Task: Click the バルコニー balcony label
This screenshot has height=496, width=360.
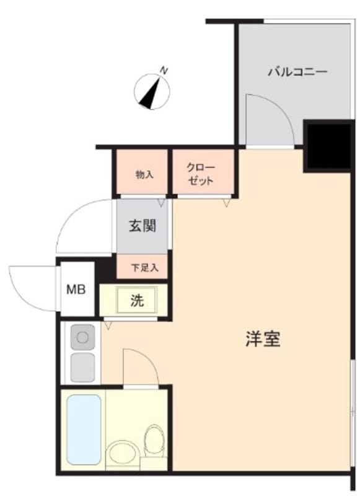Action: pos(297,72)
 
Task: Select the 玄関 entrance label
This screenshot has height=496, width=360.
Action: pos(143,226)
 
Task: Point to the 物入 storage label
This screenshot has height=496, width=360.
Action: pos(145,174)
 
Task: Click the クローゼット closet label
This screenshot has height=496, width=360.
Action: pos(201,174)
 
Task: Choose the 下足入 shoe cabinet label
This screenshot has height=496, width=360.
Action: pos(145,268)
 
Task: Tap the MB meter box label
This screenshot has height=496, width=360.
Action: pos(76,289)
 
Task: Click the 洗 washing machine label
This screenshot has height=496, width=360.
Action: pos(137,300)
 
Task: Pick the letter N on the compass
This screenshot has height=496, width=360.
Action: pos(164,71)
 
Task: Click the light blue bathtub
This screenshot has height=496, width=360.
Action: pos(84,429)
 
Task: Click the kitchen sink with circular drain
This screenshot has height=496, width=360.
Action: pos(83,337)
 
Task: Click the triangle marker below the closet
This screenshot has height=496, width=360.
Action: pos(226,203)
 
